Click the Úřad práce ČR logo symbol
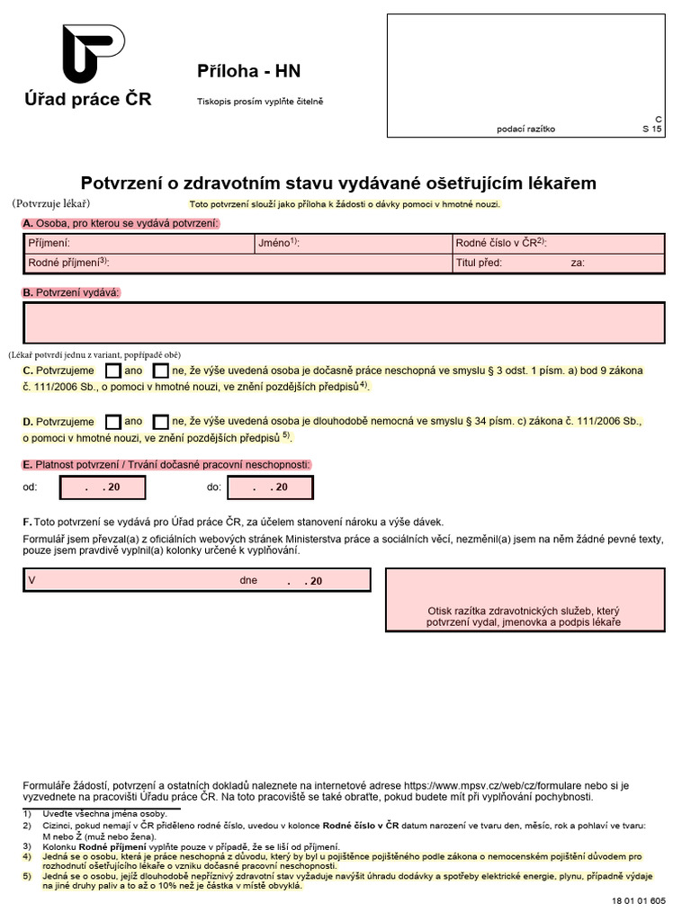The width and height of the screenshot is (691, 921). point(93,54)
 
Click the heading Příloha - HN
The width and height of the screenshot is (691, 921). point(238,72)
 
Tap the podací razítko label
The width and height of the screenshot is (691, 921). point(525,129)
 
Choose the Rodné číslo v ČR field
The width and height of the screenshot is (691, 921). point(558,243)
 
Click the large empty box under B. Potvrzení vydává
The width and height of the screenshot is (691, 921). point(344,323)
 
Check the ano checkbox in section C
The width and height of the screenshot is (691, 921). point(113,371)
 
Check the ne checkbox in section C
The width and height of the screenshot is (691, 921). point(161,371)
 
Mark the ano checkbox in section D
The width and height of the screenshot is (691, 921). point(113,421)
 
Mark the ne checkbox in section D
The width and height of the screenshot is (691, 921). point(161,421)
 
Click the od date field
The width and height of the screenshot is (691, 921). point(103,487)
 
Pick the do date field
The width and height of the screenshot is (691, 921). point(270,487)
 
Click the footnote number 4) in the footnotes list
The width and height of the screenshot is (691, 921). point(27,856)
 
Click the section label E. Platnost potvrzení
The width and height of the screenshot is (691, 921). point(166,464)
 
